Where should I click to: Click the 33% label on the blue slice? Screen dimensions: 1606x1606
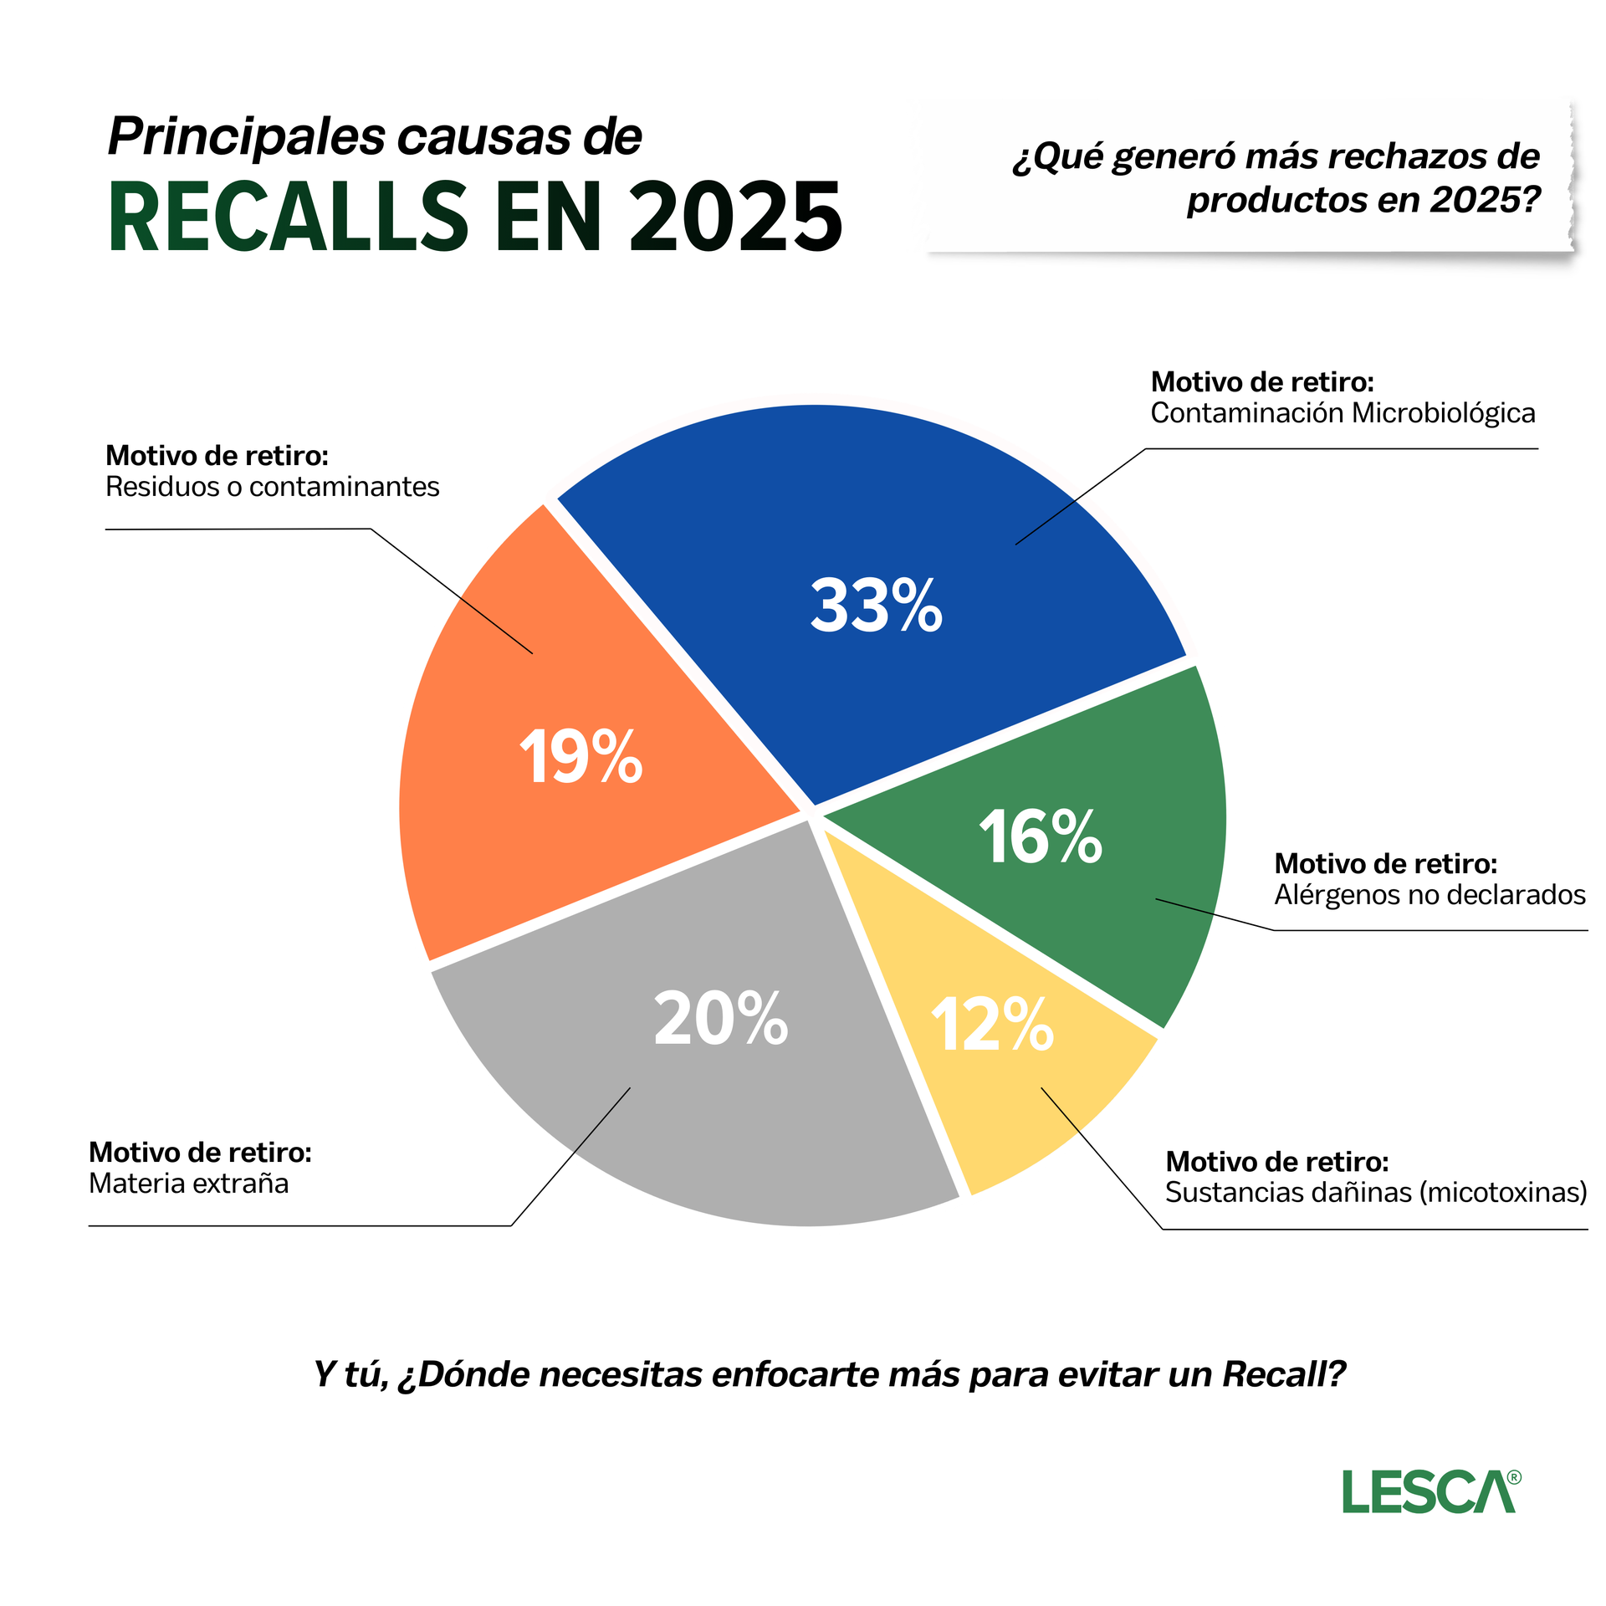(x=876, y=606)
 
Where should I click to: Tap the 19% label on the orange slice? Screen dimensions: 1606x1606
(x=581, y=756)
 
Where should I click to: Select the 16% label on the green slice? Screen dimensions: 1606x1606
(x=1041, y=836)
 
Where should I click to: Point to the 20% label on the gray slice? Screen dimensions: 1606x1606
(x=720, y=1019)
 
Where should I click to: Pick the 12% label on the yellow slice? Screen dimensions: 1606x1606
(x=992, y=1025)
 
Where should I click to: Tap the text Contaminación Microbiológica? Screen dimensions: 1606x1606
(x=1343, y=413)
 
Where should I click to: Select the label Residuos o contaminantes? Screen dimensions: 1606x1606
(x=272, y=487)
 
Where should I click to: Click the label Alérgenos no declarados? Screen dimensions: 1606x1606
(x=1430, y=895)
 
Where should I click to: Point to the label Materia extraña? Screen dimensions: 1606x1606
(x=188, y=1184)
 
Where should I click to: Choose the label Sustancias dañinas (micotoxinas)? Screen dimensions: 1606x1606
(x=1376, y=1192)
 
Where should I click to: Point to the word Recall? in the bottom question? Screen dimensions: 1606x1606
(x=1284, y=1374)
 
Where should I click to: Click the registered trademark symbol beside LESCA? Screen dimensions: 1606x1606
(x=1513, y=1478)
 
